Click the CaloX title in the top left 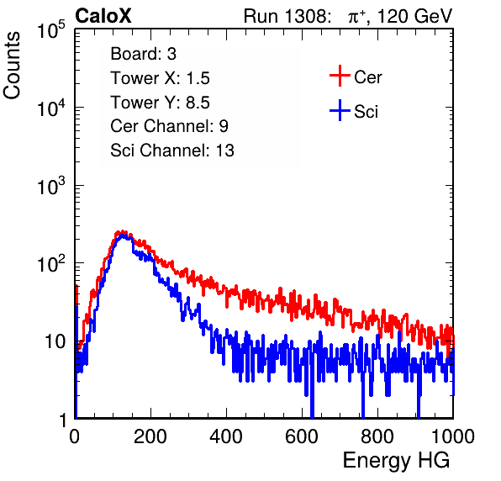point(103,16)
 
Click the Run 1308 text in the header point(287,16)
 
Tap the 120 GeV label point(414,16)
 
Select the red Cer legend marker point(340,76)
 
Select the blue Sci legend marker point(340,111)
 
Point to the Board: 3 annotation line point(143,54)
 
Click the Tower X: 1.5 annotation point(160,78)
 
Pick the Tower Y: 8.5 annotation point(160,103)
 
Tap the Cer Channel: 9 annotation point(169,126)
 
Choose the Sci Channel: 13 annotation point(172,151)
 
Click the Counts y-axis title point(12,66)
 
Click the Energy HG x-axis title point(396,460)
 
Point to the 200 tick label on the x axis point(150,436)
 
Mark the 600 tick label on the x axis point(302,436)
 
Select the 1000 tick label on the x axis point(453,436)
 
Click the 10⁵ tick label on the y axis point(51,29)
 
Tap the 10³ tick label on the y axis point(51,185)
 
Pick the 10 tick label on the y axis point(55,341)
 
